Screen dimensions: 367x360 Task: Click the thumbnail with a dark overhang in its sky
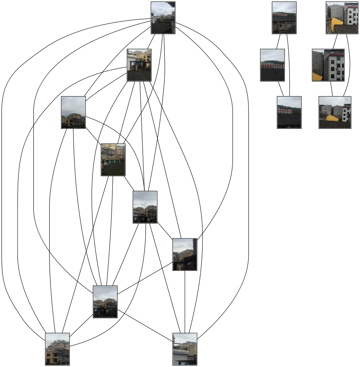[x=163, y=18]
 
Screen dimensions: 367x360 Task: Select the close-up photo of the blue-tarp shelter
[x=139, y=65]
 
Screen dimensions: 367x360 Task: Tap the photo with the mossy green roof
[x=113, y=160]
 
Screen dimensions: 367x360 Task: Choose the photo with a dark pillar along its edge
[x=185, y=255]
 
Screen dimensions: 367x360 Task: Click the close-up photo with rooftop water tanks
[x=57, y=349]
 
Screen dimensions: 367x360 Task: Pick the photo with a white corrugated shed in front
[x=185, y=349]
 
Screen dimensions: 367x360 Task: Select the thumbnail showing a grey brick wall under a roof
[x=284, y=18]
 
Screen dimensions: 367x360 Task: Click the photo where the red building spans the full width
[x=273, y=65]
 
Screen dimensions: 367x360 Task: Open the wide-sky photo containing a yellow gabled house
[x=335, y=112]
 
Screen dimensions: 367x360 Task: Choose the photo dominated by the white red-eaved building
[x=328, y=65]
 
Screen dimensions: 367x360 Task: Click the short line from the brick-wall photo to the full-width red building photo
[x=278, y=41]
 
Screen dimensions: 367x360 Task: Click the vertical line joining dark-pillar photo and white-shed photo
[x=185, y=302]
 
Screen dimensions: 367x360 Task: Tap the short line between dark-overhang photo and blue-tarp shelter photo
[x=151, y=41]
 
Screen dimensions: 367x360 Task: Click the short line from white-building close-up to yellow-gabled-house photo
[x=331, y=89]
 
